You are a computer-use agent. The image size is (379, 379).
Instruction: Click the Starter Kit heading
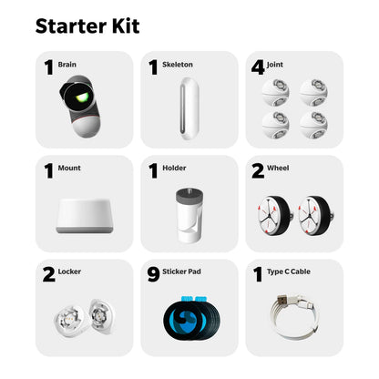coord(87,25)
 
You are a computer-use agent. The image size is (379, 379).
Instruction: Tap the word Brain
coord(68,64)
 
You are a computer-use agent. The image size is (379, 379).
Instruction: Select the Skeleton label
coord(179,64)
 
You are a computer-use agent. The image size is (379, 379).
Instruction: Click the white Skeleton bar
coord(189,108)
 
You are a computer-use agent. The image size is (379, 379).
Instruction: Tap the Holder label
coord(175,169)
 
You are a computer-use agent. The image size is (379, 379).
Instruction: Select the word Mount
coord(69,169)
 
